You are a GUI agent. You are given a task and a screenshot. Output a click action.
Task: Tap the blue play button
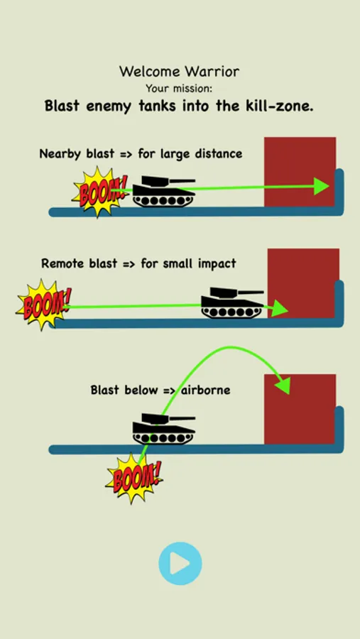(180, 564)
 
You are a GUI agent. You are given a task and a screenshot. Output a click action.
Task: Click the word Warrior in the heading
(212, 72)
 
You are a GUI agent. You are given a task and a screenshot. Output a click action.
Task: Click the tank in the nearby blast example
(164, 191)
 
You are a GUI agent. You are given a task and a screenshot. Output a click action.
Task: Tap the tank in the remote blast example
(232, 302)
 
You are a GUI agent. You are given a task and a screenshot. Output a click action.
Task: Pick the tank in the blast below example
(164, 429)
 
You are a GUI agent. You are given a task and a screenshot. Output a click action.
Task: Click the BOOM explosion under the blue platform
(134, 478)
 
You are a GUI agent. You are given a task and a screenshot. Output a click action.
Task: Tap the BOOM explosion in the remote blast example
(43, 305)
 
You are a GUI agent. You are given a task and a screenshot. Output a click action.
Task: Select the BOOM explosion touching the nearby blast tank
(100, 192)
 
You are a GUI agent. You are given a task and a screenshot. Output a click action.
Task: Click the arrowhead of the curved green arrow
(283, 385)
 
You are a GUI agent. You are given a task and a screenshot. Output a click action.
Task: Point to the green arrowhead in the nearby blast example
(321, 186)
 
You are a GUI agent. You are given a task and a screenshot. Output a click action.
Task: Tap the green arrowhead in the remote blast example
(280, 308)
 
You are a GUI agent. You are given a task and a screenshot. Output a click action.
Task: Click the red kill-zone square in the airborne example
(300, 409)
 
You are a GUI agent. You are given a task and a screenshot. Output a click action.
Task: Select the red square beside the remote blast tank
(303, 283)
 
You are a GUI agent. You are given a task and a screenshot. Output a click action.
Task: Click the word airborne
(205, 390)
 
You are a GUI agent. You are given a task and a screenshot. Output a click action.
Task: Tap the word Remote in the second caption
(63, 263)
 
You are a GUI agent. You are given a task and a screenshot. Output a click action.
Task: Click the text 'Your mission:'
(179, 89)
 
